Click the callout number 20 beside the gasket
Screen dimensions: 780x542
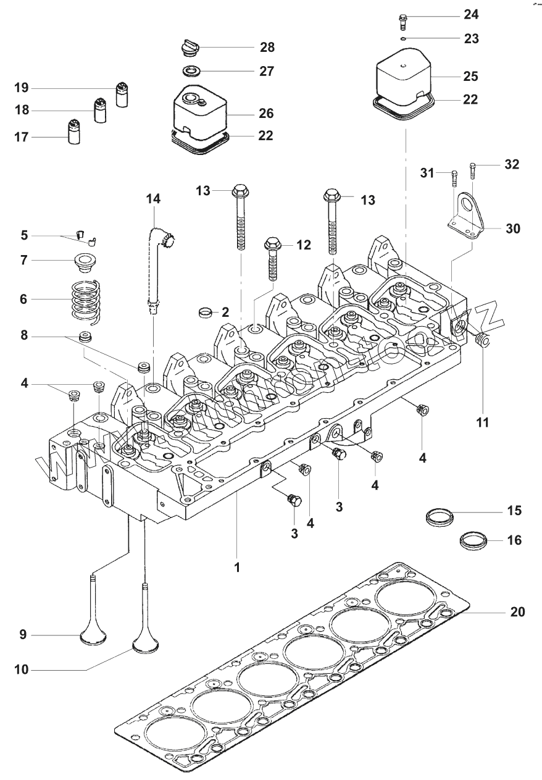coord(517,612)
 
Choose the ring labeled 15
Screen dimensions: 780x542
coord(439,514)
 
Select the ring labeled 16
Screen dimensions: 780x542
coord(473,541)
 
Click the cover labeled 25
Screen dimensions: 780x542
coord(404,77)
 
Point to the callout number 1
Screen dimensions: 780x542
coord(236,566)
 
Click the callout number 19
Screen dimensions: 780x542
coord(23,87)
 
